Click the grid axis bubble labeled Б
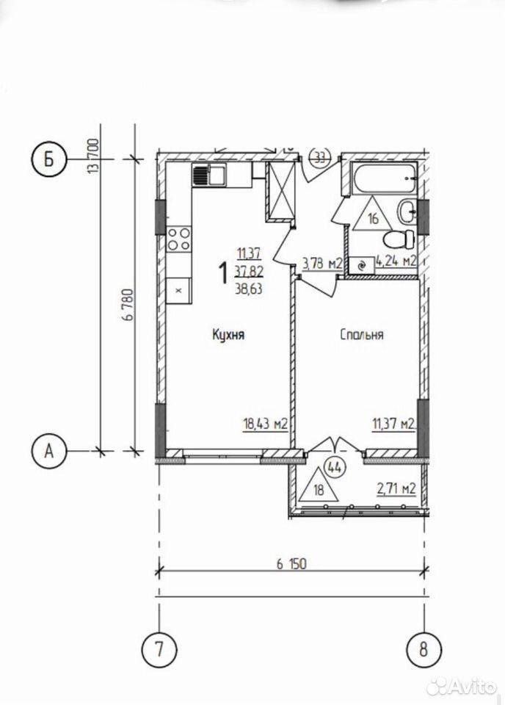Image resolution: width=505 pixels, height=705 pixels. (48, 159)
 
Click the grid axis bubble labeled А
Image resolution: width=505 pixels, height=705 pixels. (48, 450)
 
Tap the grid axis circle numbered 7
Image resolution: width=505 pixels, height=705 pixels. (159, 649)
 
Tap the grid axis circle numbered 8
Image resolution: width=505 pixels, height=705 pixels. (424, 649)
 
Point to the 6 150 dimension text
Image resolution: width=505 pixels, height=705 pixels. (291, 563)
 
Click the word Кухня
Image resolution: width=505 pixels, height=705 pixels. (229, 335)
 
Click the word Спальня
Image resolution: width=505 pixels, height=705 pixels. (362, 335)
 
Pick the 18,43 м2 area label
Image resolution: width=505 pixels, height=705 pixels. (265, 424)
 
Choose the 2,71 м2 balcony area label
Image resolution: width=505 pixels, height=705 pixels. (396, 488)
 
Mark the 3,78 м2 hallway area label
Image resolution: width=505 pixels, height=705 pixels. (322, 263)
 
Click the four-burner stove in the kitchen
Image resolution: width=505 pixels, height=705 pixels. (179, 239)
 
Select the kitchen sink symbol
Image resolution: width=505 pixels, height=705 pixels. (209, 175)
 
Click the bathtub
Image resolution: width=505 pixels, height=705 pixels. (384, 178)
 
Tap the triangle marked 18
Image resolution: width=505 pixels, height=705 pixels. (319, 485)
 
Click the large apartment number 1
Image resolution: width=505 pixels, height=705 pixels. (222, 274)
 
